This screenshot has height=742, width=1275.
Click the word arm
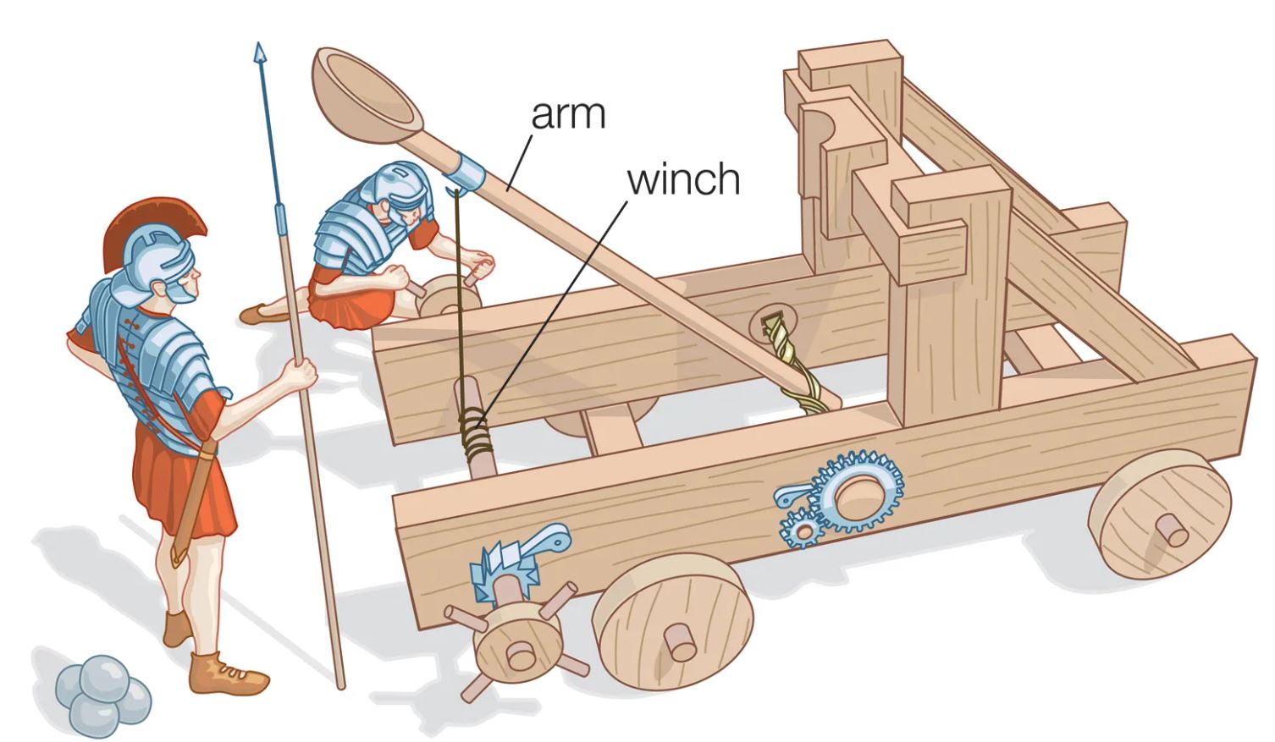568,115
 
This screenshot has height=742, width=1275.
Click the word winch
683,179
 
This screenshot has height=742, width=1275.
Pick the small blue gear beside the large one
800,530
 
